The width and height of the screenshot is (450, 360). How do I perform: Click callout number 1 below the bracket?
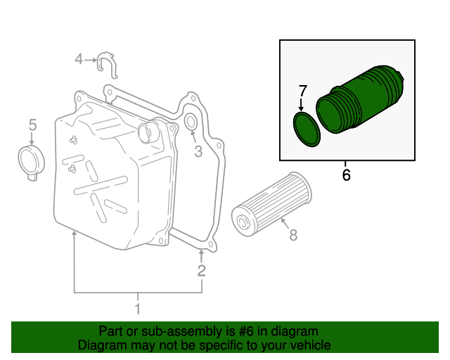[138, 309]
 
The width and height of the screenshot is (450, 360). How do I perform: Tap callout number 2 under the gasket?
[202, 271]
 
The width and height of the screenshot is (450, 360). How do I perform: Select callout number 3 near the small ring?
[198, 151]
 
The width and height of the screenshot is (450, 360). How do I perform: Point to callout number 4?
[79, 60]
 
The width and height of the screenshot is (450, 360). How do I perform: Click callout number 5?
[32, 125]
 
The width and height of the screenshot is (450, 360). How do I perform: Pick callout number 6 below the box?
[346, 174]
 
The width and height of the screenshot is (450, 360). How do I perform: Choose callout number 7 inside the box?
[303, 91]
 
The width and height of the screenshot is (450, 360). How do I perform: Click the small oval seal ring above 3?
[191, 123]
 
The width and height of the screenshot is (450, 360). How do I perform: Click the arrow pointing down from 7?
[302, 105]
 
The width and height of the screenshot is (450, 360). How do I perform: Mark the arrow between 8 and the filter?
[283, 224]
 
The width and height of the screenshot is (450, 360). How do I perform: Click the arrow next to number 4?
[91, 60]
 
